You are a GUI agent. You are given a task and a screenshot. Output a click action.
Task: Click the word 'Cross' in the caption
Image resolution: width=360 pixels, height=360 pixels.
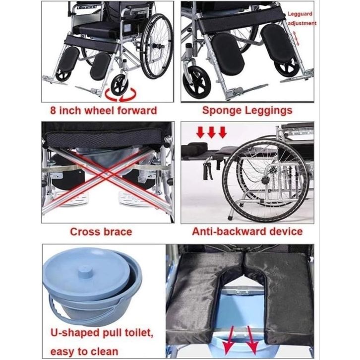click(84, 232)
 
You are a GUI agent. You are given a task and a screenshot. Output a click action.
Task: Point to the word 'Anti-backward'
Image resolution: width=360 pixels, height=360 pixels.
click(229, 232)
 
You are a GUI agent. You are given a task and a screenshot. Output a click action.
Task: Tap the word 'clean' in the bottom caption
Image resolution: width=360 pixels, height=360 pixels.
click(105, 352)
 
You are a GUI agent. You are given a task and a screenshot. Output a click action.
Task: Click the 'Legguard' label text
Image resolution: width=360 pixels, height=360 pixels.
click(300, 14)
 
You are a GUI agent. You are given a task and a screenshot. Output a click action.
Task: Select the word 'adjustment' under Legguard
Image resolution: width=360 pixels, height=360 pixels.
click(302, 23)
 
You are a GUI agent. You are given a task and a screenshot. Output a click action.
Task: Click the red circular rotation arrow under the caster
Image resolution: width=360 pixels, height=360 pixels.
click(120, 96)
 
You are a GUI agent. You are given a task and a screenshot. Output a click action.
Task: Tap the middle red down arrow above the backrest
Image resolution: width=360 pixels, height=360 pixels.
click(211, 132)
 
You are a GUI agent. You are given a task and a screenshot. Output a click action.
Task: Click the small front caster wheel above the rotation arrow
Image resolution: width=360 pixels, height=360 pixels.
click(120, 85)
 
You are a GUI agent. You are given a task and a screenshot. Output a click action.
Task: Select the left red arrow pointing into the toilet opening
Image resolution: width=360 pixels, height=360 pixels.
click(230, 339)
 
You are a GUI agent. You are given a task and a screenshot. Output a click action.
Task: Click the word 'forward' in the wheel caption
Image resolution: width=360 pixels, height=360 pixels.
click(137, 111)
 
